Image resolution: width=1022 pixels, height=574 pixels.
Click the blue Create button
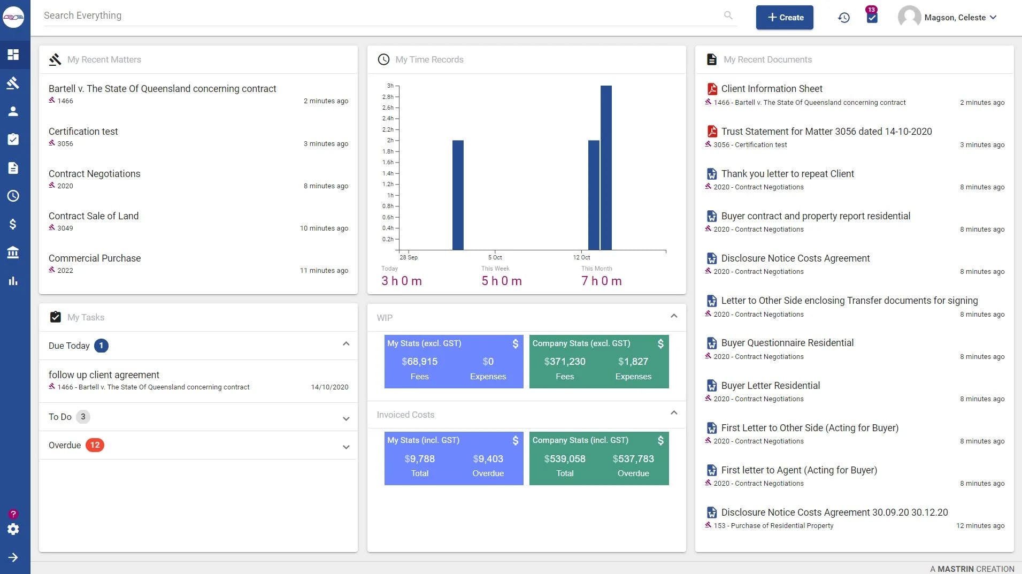[785, 17]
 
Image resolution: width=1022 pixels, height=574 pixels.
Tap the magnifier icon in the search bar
[728, 16]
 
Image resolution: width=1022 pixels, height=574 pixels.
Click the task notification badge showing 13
[872, 10]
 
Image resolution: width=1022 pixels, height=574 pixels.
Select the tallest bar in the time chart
[606, 167]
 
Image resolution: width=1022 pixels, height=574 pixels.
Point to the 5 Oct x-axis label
[495, 257]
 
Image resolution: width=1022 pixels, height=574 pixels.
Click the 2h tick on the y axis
[390, 140]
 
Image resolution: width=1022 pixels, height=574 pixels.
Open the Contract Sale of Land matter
[94, 216]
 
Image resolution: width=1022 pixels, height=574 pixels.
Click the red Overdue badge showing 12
[95, 445]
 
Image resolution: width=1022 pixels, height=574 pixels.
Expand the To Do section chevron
[346, 419]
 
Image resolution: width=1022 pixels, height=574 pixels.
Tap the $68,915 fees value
[420, 362]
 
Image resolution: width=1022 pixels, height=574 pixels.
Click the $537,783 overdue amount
[633, 459]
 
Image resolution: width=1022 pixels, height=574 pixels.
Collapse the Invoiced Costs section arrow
[674, 412]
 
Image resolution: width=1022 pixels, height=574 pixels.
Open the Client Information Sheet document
[772, 89]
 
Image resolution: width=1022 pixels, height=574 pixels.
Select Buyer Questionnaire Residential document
[787, 343]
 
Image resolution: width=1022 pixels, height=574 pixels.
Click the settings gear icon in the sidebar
[13, 529]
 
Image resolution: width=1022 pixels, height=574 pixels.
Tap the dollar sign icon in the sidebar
[13, 224]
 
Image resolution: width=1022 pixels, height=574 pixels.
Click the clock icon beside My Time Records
[383, 59]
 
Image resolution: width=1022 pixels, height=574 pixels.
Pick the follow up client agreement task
[104, 375]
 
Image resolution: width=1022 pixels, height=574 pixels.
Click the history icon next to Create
[844, 18]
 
